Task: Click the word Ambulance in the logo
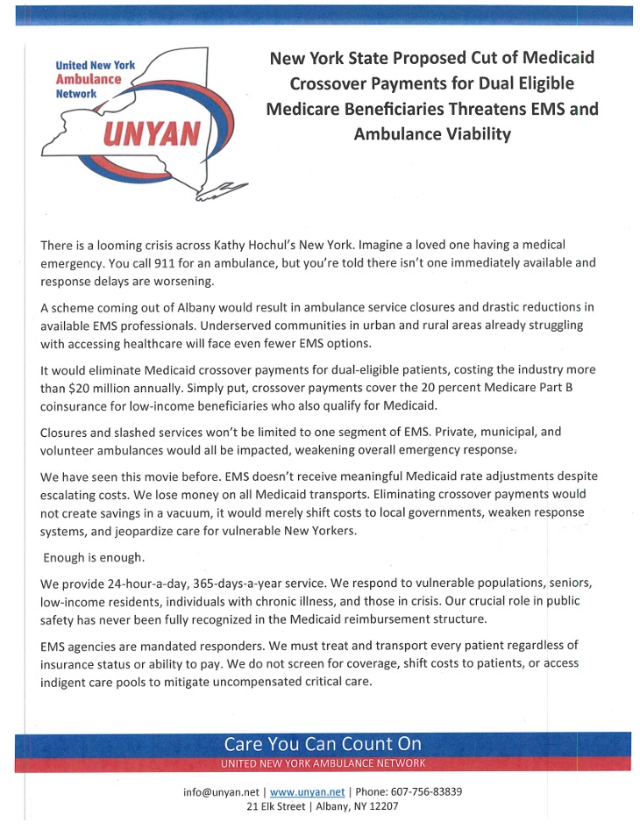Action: pos(88,77)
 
